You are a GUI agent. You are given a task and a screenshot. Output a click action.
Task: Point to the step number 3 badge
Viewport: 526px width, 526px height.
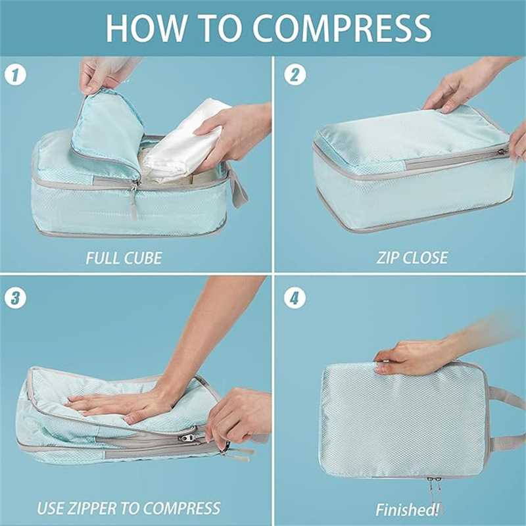(17, 297)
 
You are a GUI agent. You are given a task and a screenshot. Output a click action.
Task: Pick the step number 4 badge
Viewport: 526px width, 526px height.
(295, 297)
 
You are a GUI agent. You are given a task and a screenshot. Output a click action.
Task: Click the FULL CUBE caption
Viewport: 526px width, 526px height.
(124, 258)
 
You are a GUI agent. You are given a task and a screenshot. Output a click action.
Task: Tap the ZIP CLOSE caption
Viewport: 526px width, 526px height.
(412, 258)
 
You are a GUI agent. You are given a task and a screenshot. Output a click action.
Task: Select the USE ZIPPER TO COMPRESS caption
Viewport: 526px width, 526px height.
(128, 508)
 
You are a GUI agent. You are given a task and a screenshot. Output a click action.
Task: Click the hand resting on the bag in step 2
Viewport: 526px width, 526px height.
(464, 85)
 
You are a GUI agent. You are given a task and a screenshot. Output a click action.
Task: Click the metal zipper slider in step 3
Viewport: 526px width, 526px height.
(188, 437)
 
